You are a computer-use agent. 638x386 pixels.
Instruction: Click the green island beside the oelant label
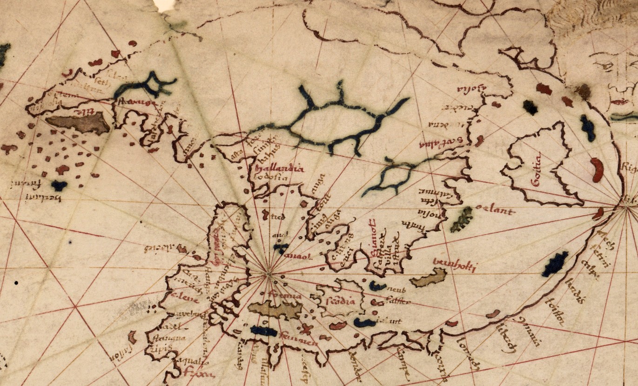tap(462, 219)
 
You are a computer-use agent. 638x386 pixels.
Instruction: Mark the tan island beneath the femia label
tap(275, 310)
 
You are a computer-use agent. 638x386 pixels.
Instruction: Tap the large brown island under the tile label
tap(78, 123)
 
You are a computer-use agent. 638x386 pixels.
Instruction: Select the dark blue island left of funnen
tap(263, 331)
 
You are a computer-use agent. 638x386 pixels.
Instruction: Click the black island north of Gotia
tap(530, 107)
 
